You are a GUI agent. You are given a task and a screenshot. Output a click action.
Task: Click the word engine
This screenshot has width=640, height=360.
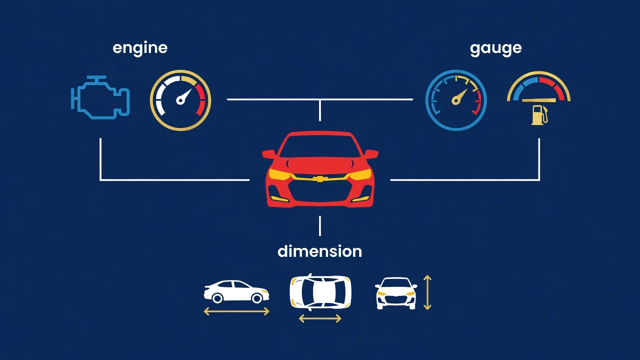[x=140, y=48]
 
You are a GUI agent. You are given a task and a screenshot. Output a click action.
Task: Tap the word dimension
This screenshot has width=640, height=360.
[x=319, y=251]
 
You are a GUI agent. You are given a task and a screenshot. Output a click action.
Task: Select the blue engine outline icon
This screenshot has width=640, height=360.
[x=100, y=97]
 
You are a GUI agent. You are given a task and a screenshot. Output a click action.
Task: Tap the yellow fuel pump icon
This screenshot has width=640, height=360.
[x=539, y=115]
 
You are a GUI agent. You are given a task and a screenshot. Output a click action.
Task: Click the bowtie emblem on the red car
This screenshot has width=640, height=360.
[x=320, y=179]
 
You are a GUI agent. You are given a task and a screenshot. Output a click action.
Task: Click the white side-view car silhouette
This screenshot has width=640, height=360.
[x=236, y=291]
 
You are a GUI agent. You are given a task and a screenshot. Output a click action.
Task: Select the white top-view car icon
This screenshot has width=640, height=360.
[x=320, y=292]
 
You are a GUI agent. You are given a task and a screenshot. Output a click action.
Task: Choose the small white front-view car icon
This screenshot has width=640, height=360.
[x=395, y=293]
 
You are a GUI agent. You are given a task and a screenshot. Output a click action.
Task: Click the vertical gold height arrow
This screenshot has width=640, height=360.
[x=427, y=292]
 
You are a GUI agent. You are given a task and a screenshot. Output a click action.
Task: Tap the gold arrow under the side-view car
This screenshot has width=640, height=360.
[x=236, y=311]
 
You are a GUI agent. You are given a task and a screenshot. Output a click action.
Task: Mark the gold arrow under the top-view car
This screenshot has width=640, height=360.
[x=320, y=318]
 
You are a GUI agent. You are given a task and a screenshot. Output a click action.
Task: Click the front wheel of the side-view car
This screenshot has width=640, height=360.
[x=256, y=298]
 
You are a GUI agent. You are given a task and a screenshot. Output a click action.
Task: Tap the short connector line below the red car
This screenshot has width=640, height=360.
[x=319, y=226]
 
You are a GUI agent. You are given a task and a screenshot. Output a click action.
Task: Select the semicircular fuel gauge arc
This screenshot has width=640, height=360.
[x=539, y=73]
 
